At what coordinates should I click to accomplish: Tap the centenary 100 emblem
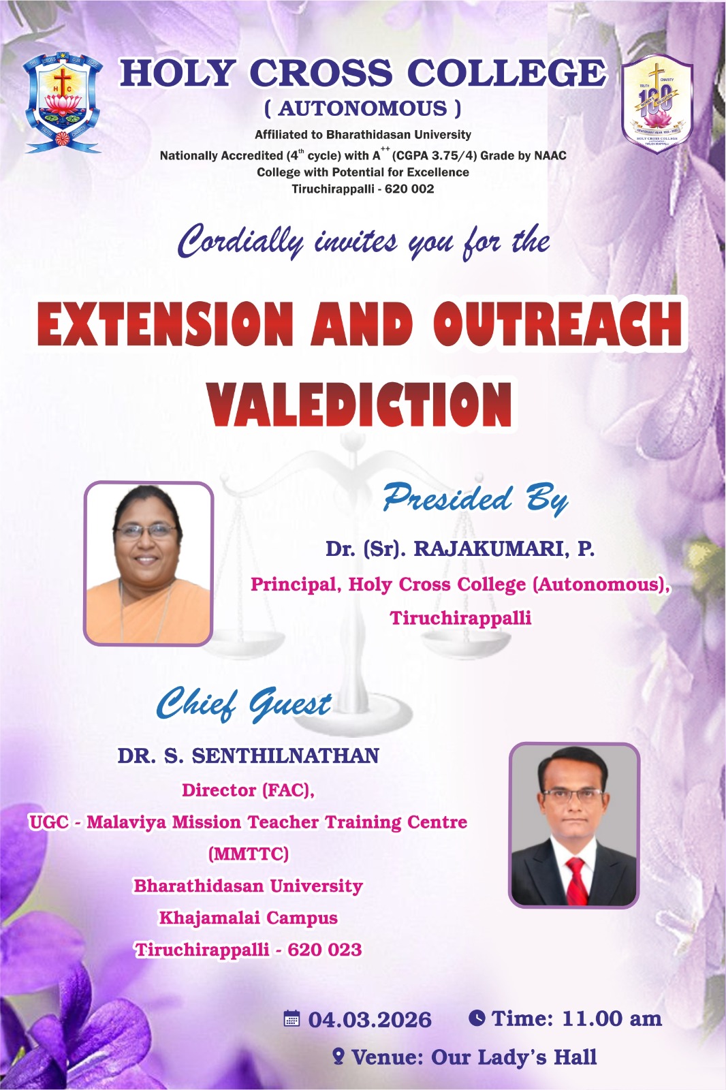click(657, 104)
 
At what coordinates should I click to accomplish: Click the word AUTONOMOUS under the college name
click(362, 108)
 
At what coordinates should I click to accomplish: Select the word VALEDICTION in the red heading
click(360, 405)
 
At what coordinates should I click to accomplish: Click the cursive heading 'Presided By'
click(475, 499)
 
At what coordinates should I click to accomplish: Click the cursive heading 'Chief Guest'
click(244, 704)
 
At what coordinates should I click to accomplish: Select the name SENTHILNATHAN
click(285, 756)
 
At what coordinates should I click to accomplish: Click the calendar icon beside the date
click(291, 1019)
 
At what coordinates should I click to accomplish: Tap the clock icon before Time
click(477, 1018)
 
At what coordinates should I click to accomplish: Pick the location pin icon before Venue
click(338, 1057)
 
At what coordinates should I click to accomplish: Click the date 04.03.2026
click(370, 1020)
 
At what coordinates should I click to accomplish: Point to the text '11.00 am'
click(612, 1019)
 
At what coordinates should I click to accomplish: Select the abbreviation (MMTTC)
click(248, 854)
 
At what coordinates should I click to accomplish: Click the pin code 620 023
click(324, 950)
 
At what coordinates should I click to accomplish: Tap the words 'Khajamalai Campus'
click(248, 918)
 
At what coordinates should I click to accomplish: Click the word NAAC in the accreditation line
click(550, 155)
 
